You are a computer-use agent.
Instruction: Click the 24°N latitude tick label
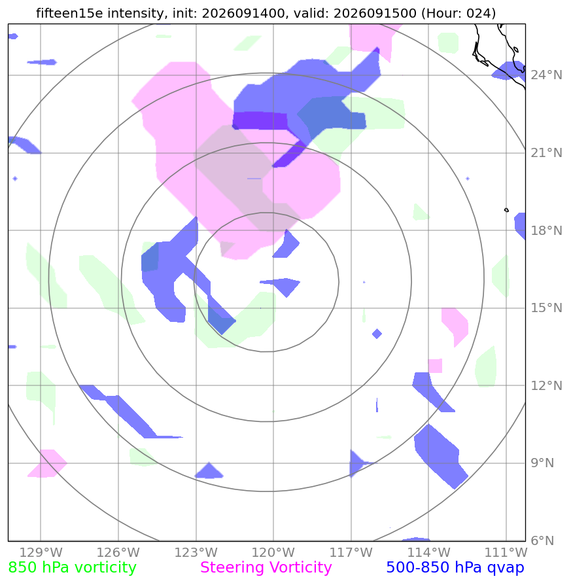[x=546, y=75]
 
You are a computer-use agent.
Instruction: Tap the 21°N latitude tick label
[x=546, y=153]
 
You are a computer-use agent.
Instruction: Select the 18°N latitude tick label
[x=546, y=230]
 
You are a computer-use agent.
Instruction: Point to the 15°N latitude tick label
[x=546, y=308]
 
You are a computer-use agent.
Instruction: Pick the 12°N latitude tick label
[x=546, y=385]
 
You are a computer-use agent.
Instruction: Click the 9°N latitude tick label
[x=542, y=463]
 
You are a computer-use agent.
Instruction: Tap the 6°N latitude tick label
[x=542, y=540]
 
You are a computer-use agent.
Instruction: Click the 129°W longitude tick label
[x=41, y=552]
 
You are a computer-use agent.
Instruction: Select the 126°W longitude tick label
[x=118, y=552]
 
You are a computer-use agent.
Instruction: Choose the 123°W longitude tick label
[x=196, y=552]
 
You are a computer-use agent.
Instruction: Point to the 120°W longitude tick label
[x=273, y=552]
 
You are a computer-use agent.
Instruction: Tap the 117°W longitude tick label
[x=351, y=552]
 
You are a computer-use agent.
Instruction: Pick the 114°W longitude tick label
[x=428, y=552]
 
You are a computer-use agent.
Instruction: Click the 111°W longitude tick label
[x=506, y=552]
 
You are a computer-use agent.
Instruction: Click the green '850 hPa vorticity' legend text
[x=72, y=568]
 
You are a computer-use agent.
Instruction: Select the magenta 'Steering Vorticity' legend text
[x=266, y=568]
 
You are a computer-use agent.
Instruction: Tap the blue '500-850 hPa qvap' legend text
[x=455, y=568]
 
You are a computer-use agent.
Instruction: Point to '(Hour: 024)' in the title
[x=459, y=13]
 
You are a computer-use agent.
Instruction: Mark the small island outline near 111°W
[x=506, y=210]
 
